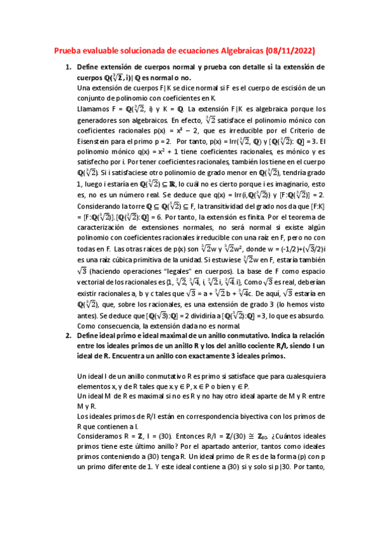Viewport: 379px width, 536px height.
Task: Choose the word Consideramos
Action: click(104, 436)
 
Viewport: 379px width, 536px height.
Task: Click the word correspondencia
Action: click(206, 415)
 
